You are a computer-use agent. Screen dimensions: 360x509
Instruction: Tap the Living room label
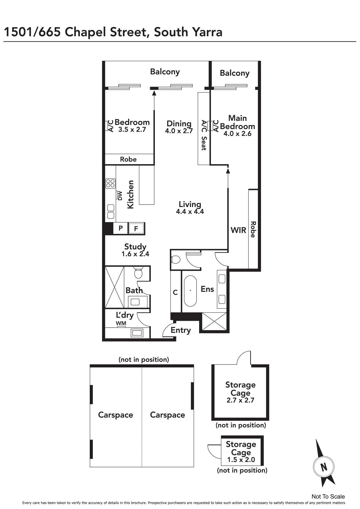point(190,204)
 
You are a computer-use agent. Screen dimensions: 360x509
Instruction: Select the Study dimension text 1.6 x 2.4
point(135,254)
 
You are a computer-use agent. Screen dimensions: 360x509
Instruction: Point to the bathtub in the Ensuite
point(190,291)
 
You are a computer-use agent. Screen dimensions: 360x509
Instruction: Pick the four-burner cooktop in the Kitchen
point(110,184)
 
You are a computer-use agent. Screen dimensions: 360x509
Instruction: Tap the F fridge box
point(136,228)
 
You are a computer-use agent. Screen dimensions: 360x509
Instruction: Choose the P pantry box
point(121,228)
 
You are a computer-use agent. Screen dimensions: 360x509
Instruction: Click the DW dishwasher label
point(120,196)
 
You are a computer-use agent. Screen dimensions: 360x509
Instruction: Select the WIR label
point(238,230)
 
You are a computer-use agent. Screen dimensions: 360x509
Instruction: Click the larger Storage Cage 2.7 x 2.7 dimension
point(240,400)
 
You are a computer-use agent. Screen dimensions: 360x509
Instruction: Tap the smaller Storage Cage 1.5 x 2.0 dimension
point(241,459)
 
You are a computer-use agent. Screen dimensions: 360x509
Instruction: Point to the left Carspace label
point(115,415)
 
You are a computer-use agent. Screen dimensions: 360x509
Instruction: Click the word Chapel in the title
point(86,32)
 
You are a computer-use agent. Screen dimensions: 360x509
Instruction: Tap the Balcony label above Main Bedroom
point(235,73)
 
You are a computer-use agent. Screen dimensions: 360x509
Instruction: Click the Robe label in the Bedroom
point(128,159)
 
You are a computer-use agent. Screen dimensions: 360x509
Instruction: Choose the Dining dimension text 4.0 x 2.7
point(179,131)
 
